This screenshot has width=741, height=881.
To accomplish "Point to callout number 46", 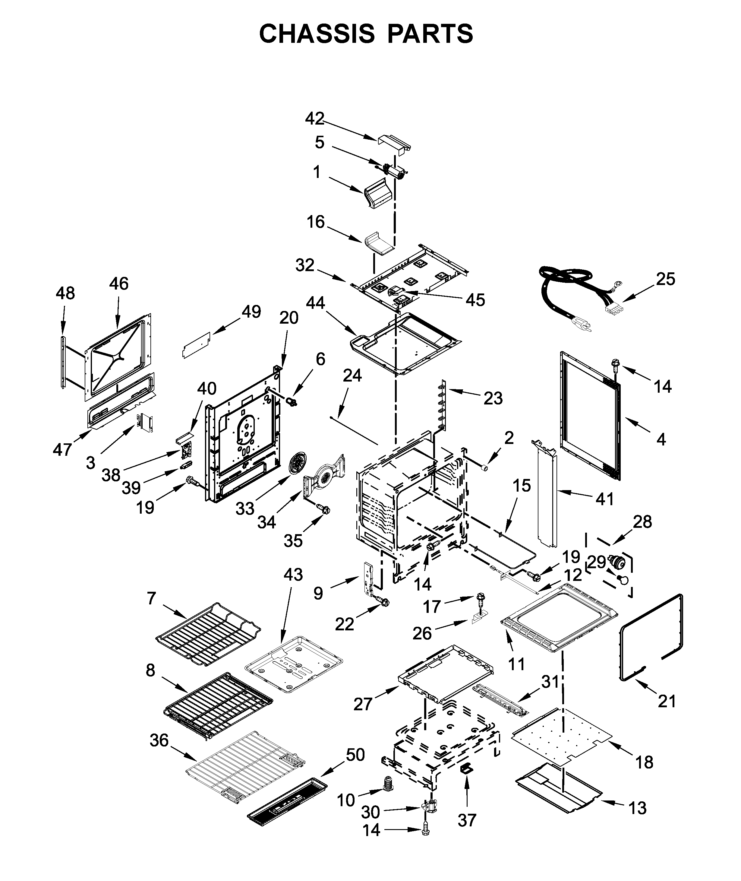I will tap(118, 284).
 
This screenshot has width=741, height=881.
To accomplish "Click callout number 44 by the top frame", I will tap(315, 302).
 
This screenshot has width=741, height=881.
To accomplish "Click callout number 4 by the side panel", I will tap(661, 440).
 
